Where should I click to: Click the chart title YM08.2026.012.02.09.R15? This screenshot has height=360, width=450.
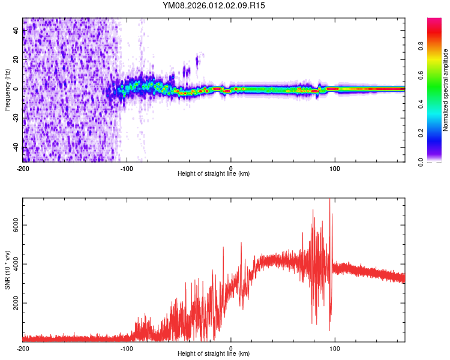pyautogui.click(x=214, y=5)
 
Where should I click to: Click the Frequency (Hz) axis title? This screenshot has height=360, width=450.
pyautogui.click(x=7, y=90)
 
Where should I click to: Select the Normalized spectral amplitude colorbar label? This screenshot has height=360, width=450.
pyautogui.click(x=446, y=91)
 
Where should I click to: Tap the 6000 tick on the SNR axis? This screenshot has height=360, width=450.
pyautogui.click(x=12, y=225)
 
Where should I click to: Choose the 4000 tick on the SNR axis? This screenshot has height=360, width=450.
pyautogui.click(x=12, y=264)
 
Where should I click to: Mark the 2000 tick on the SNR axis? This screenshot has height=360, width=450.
pyautogui.click(x=12, y=304)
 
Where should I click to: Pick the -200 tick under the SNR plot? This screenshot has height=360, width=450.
pyautogui.click(x=23, y=349)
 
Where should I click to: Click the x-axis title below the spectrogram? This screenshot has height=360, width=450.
pyautogui.click(x=214, y=174)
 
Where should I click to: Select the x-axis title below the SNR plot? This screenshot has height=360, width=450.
pyautogui.click(x=214, y=354)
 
